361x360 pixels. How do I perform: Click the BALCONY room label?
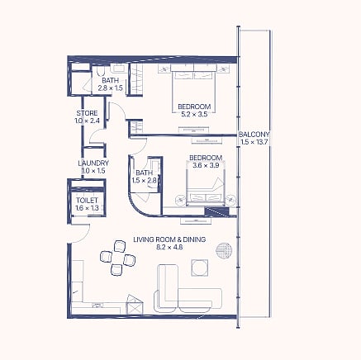coord(254,135)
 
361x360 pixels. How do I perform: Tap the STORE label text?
coord(87,113)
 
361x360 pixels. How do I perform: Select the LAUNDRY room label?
coord(93,163)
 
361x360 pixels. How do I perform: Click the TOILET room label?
coord(87,201)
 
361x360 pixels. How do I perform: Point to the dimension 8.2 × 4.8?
coord(169,247)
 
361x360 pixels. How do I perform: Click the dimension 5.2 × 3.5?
coord(194,114)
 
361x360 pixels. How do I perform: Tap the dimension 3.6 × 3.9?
coord(206,166)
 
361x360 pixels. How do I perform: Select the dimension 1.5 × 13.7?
coord(254,142)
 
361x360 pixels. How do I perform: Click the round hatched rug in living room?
coord(224,250)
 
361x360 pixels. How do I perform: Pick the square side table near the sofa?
coord(200,268)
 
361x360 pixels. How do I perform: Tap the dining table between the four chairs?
coord(118,258)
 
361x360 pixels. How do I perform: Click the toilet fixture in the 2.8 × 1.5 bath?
coord(101,71)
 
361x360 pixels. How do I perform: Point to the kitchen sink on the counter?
coord(97,305)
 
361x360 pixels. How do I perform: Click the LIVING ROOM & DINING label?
coord(169,239)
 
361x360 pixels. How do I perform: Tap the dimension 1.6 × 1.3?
coord(87,208)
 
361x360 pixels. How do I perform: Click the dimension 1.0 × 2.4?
coord(87,121)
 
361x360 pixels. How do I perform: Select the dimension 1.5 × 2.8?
coord(145,181)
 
